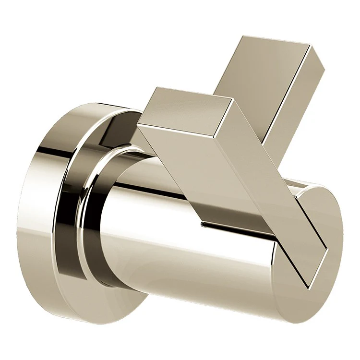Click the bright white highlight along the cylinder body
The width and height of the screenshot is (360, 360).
pos(192,250)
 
